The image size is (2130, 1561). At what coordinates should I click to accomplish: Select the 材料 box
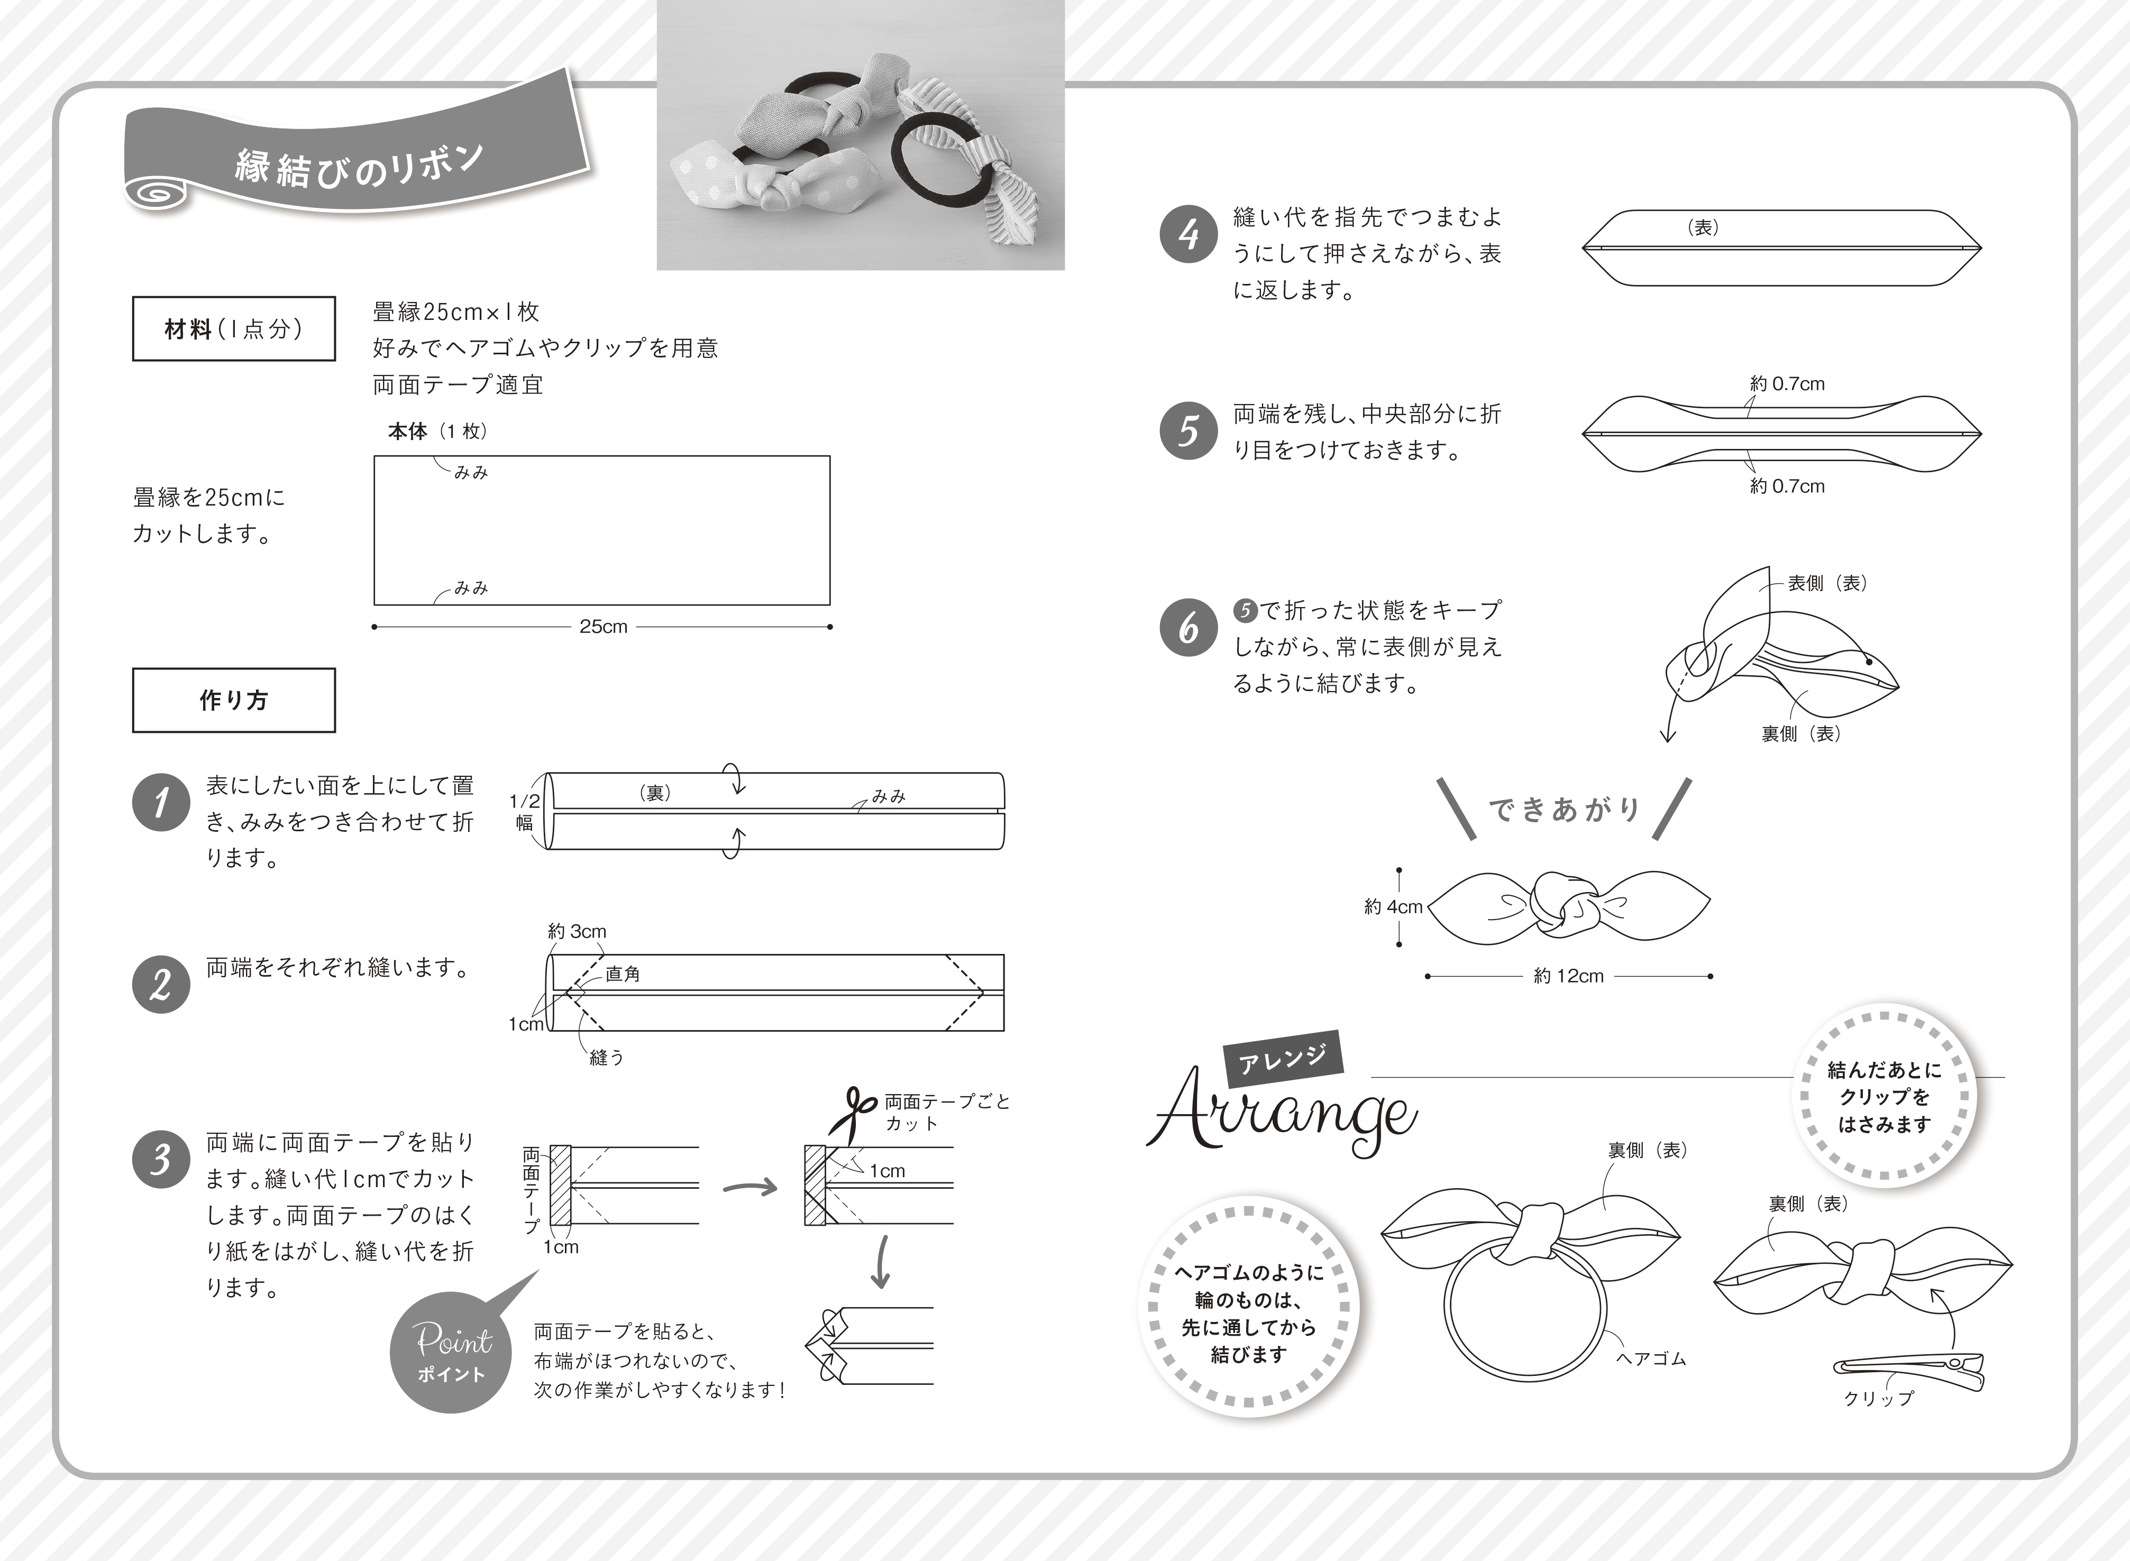click(233, 329)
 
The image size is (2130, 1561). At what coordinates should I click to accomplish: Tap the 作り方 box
click(233, 700)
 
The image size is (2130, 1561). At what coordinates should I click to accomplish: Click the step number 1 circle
click(161, 803)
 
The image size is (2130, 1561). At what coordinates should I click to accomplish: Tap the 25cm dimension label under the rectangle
click(603, 627)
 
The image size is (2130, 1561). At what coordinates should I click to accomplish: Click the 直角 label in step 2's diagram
click(623, 974)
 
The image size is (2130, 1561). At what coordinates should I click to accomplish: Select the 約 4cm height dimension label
click(1393, 907)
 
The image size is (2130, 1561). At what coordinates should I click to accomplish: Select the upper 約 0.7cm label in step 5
click(1786, 383)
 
